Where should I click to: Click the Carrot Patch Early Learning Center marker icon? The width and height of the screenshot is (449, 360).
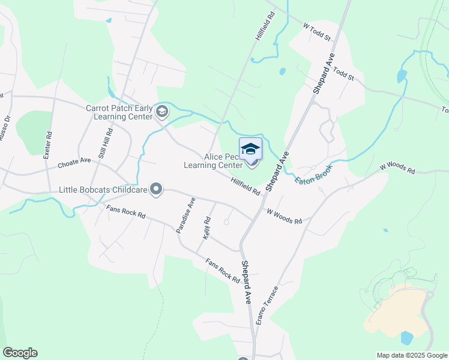click(161, 112)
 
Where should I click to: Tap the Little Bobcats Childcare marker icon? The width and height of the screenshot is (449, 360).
click(157, 190)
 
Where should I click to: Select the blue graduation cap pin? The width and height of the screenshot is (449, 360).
click(250, 148)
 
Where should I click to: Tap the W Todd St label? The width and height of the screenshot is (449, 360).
click(317, 32)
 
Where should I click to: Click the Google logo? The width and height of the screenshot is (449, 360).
click(20, 353)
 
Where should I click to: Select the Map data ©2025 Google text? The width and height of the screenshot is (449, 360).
click(412, 355)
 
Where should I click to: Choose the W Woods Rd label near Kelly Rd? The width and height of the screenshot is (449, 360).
click(284, 217)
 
